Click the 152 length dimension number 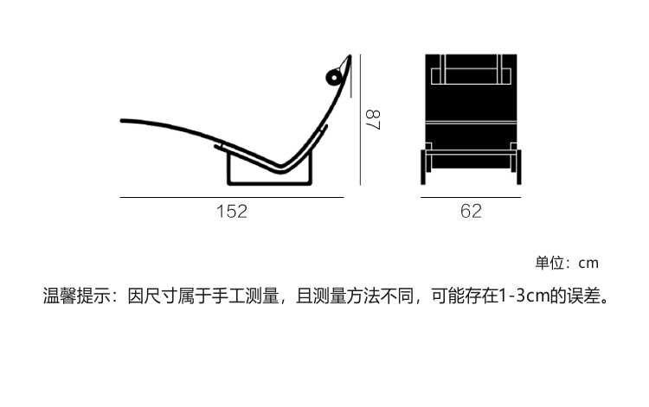click(x=232, y=211)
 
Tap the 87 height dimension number click(x=373, y=120)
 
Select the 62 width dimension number click(x=471, y=211)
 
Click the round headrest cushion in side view click(x=333, y=77)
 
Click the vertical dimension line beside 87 click(x=361, y=120)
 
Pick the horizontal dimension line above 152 click(x=232, y=198)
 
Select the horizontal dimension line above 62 click(x=471, y=198)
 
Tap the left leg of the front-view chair click(x=423, y=167)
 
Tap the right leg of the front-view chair click(x=519, y=167)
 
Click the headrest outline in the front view click(x=471, y=68)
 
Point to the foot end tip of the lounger click(x=122, y=121)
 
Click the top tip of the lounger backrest click(x=350, y=56)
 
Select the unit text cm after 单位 click(x=588, y=264)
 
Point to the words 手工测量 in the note click(x=245, y=296)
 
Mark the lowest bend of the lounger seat click(x=280, y=169)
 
